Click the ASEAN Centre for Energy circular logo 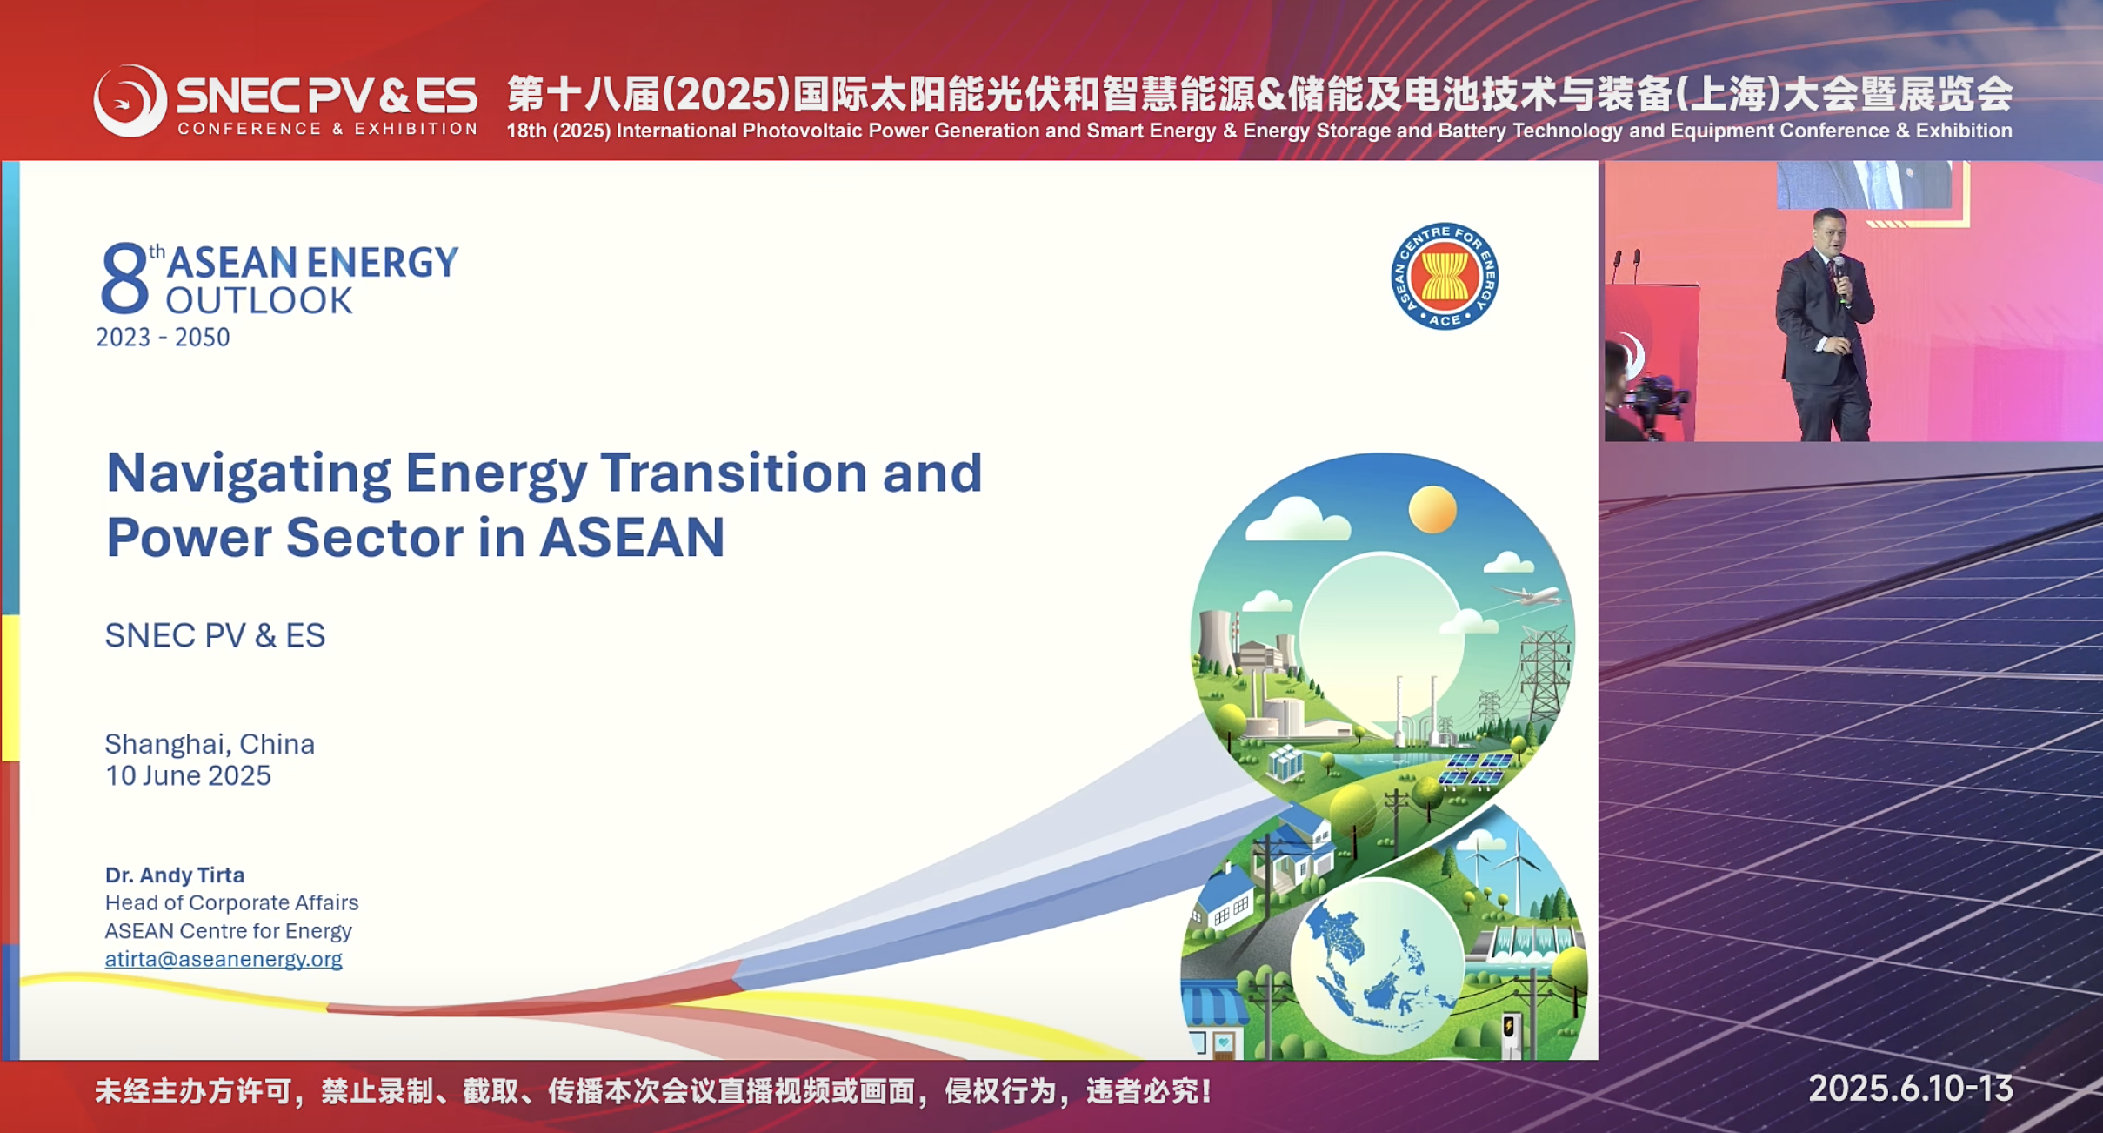point(1444,276)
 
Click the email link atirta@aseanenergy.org point(224,959)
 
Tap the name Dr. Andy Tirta point(175,875)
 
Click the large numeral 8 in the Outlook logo point(124,278)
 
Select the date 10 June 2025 point(188,775)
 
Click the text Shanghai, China point(210,744)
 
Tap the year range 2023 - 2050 point(163,338)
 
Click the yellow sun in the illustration point(1432,509)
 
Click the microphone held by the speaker point(1839,278)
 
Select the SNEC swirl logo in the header point(130,101)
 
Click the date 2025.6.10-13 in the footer point(1911,1089)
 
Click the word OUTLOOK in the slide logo point(259,300)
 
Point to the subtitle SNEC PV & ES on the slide point(215,635)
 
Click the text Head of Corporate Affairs point(231,902)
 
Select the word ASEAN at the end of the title point(632,537)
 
